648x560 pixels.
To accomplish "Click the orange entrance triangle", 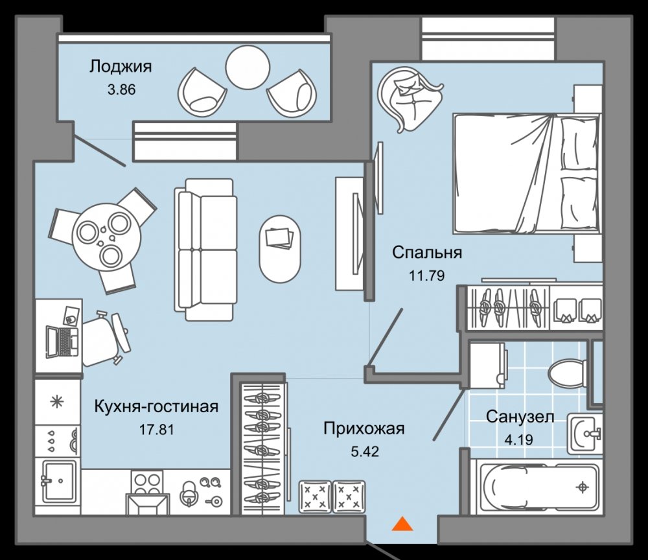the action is (x=402, y=524).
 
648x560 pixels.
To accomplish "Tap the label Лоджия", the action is (x=121, y=67).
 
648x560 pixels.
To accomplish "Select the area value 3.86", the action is (x=122, y=89).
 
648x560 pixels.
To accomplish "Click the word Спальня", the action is (x=427, y=252).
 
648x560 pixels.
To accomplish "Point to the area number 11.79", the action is (x=427, y=275).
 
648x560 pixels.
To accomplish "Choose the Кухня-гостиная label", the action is (x=156, y=406).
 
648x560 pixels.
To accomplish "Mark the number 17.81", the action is (x=156, y=430).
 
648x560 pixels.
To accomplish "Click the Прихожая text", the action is (x=364, y=428).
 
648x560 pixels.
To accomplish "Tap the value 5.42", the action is (x=364, y=451).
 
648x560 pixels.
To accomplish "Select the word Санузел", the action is (x=520, y=417).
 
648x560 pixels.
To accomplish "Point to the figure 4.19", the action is (x=518, y=439).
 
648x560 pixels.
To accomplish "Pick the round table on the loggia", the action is (x=248, y=67).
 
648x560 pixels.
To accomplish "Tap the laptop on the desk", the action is (x=62, y=342).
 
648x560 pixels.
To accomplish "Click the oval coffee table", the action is (x=280, y=249).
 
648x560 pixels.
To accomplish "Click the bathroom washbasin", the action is (x=584, y=434).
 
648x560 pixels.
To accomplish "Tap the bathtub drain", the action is (x=583, y=487).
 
